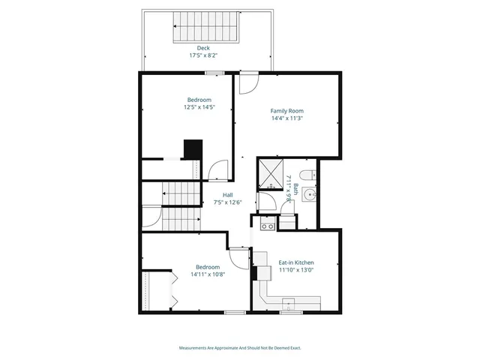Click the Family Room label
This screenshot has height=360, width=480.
pyautogui.click(x=286, y=110)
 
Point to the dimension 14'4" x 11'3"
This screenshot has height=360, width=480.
pyautogui.click(x=286, y=118)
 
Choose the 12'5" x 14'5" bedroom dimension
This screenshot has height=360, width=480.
pyautogui.click(x=199, y=107)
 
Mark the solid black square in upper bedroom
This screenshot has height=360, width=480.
pyautogui.click(x=193, y=148)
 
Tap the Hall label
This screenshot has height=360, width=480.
pyautogui.click(x=227, y=195)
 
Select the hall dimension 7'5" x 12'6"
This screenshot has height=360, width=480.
pyautogui.click(x=227, y=202)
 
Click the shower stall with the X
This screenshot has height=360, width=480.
pyautogui.click(x=268, y=173)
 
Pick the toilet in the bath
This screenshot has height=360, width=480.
pyautogui.click(x=312, y=175)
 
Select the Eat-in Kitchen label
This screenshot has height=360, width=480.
pyautogui.click(x=296, y=262)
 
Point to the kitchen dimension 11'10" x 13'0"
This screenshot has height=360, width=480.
pyautogui.click(x=296, y=270)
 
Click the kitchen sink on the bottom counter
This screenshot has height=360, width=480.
pyautogui.click(x=289, y=304)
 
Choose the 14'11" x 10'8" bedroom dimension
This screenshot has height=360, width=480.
pyautogui.click(x=208, y=274)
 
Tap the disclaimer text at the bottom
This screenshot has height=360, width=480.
pyautogui.click(x=239, y=347)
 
